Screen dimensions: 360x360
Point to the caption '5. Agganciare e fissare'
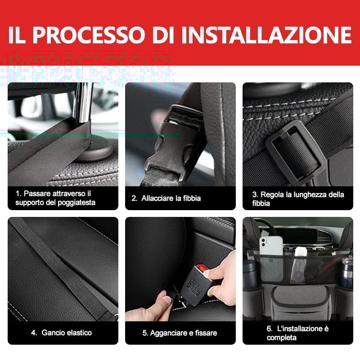coord(180,333)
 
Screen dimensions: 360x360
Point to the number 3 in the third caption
coord(255,194)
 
